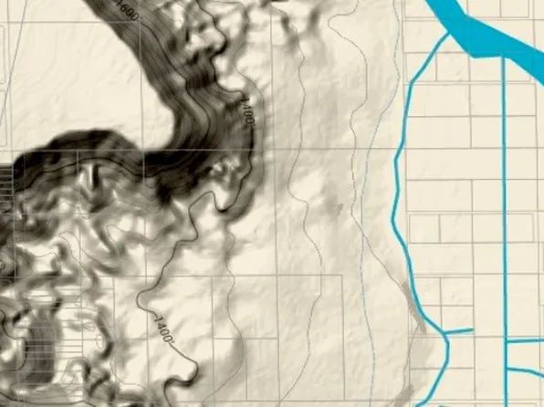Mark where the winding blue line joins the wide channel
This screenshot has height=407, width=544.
point(448,36)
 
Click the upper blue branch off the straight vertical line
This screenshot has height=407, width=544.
point(525,340)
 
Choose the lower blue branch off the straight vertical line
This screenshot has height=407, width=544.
point(525,370)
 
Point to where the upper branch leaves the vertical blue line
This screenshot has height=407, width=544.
point(506,340)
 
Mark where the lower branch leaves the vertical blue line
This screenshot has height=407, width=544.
point(506,370)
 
